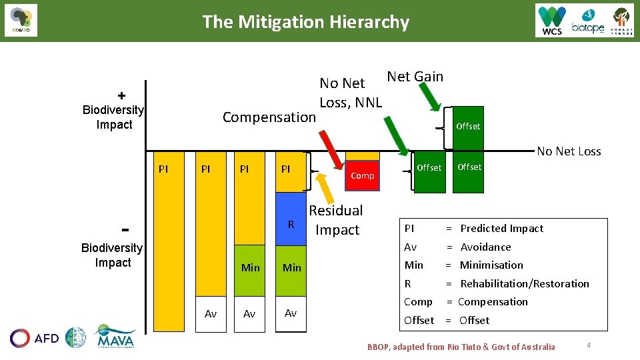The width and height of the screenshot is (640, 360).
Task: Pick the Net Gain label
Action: tap(415, 77)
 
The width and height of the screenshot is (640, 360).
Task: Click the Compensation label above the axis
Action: tap(269, 117)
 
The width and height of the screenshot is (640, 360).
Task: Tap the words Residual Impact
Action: tap(336, 220)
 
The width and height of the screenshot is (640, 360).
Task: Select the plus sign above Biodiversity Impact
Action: tap(121, 95)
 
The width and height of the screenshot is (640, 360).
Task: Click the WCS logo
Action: tap(552, 21)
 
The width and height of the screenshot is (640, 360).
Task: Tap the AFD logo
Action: tap(35, 338)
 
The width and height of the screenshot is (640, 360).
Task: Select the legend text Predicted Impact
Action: tap(501, 228)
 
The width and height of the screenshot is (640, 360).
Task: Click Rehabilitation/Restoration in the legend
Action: tap(524, 283)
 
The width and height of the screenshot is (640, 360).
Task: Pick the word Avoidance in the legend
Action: tap(485, 247)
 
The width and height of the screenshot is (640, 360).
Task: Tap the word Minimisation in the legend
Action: tap(491, 265)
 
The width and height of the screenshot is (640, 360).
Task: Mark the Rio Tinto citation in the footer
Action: tap(461, 347)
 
